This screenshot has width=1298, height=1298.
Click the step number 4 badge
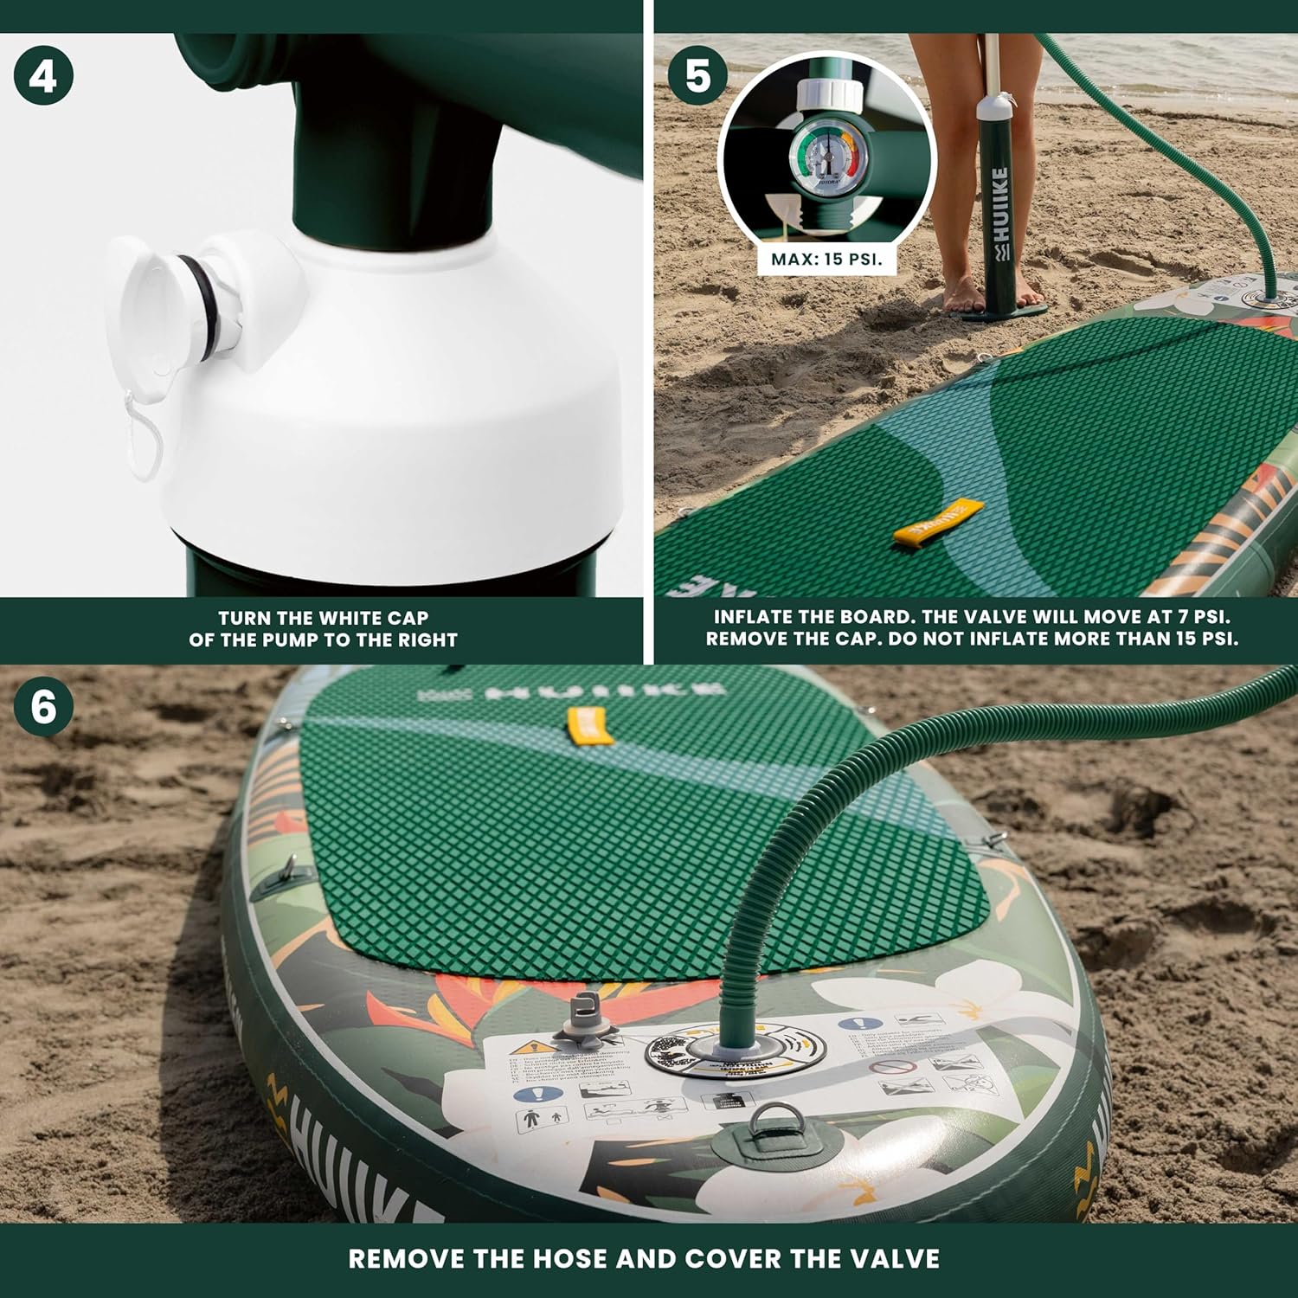coord(43,76)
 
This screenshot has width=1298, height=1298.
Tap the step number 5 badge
coord(697,76)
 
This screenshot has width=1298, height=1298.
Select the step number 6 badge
coord(43,707)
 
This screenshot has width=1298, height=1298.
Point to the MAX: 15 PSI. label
coord(827,260)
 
